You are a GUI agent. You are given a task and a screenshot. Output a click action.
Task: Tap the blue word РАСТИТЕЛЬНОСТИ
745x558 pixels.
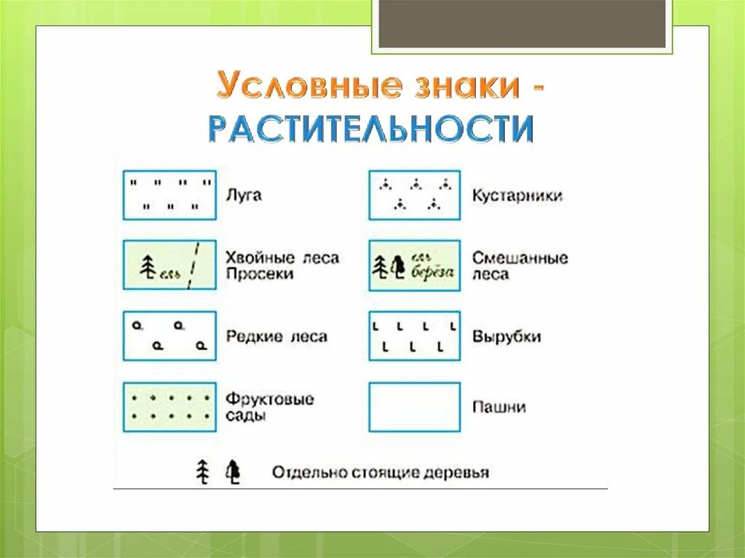click(371, 128)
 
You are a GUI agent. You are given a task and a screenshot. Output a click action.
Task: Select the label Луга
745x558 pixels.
click(243, 195)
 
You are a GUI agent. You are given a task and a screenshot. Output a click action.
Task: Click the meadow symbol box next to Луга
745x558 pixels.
click(170, 195)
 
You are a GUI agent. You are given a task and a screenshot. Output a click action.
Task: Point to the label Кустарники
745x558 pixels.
click(517, 196)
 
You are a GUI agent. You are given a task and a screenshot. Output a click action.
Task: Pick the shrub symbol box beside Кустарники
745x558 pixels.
click(415, 195)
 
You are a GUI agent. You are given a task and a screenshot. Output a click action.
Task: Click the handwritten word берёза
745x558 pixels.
click(434, 271)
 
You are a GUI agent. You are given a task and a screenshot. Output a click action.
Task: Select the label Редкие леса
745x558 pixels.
click(276, 337)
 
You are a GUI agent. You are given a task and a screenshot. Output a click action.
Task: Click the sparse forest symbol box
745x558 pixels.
click(170, 336)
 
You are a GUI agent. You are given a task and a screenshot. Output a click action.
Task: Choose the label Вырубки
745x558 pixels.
click(506, 337)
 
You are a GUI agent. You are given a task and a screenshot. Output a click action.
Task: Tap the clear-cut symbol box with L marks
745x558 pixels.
click(415, 336)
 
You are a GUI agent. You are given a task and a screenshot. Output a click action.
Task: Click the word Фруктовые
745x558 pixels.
click(270, 399)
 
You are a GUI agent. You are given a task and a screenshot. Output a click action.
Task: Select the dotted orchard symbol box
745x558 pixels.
click(170, 407)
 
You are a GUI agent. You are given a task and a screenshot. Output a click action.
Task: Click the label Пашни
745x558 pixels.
click(499, 407)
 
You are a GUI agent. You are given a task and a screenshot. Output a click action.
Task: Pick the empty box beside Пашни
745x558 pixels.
click(415, 407)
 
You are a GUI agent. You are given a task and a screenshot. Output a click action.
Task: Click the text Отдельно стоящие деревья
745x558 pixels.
click(381, 472)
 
